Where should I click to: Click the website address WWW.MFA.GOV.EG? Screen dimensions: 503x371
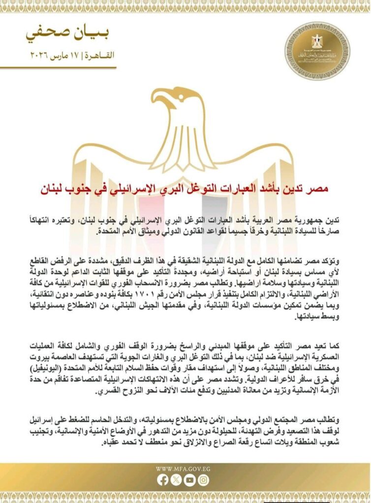(185, 469)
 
